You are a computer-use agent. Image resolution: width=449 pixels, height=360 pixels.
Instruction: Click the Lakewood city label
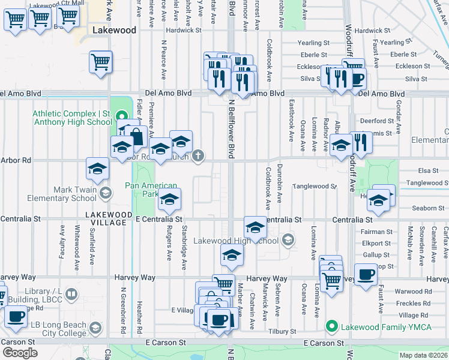[x=114, y=29]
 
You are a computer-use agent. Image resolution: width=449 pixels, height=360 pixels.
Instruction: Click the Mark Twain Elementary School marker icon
[x=106, y=193]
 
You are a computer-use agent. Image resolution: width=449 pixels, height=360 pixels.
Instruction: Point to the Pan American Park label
[x=151, y=190]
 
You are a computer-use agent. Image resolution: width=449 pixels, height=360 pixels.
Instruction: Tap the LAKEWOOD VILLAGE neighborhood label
[x=106, y=218]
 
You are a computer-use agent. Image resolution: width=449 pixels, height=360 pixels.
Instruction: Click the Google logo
[x=20, y=352]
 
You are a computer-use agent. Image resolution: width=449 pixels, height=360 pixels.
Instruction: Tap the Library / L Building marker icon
[x=71, y=295]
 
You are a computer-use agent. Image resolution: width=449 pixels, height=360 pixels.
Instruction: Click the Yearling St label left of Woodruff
[x=315, y=43]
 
